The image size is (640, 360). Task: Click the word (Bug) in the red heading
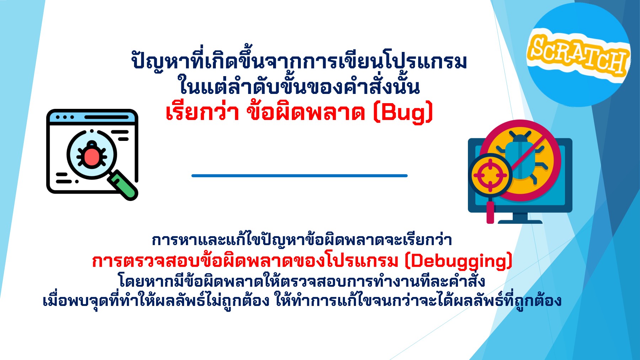pyautogui.click(x=403, y=113)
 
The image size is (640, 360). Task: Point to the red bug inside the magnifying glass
pyautogui.click(x=92, y=155)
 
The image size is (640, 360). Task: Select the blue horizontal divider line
pyautogui.click(x=299, y=175)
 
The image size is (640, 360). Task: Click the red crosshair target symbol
pyautogui.click(x=490, y=175)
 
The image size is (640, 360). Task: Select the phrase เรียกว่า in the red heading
pyautogui.click(x=202, y=113)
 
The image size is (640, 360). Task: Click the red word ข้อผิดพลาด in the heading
pyautogui.click(x=306, y=113)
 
